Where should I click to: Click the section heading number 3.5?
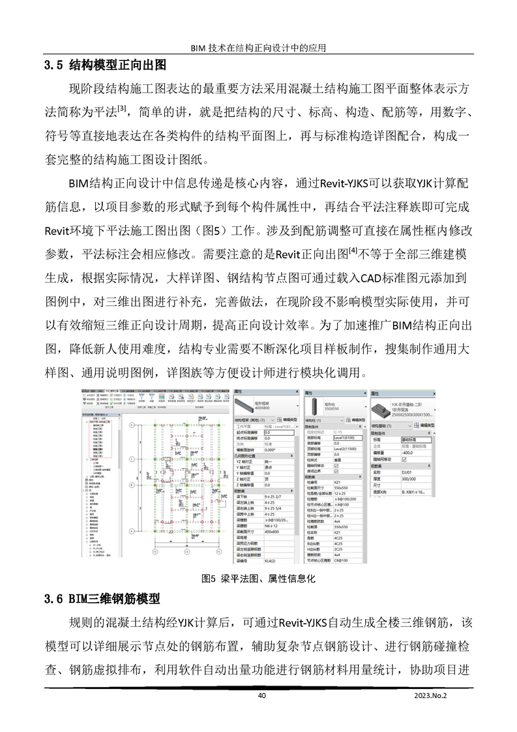[x=53, y=65]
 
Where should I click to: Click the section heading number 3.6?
[x=53, y=598]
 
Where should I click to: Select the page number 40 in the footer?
[x=262, y=695]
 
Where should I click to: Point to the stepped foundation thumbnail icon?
[x=380, y=409]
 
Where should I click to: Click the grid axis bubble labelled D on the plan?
[x=131, y=426]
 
